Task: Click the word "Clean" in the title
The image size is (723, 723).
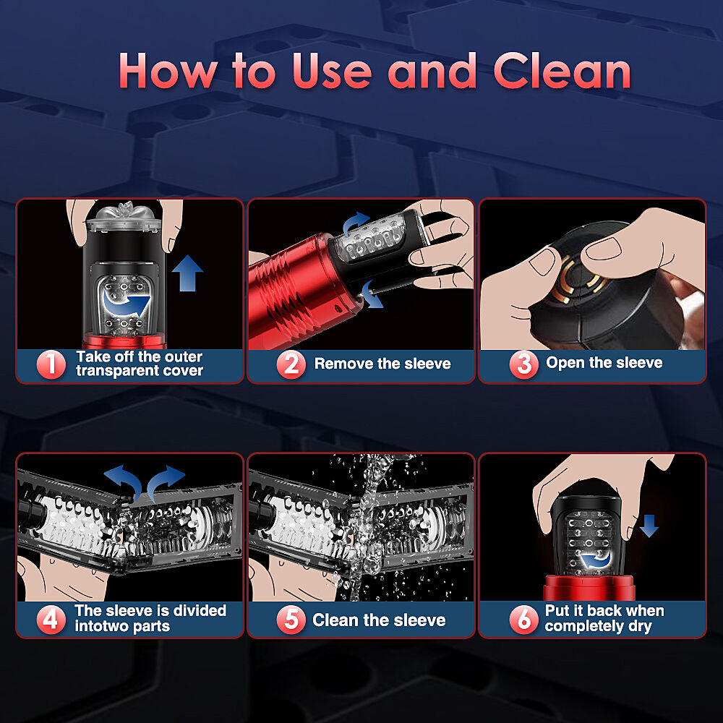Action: pos(562,71)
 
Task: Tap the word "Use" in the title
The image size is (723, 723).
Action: pos(332,71)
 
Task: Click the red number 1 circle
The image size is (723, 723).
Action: pos(51,364)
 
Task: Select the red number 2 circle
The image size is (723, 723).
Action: pos(291,364)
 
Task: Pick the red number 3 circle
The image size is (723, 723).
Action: pos(523,364)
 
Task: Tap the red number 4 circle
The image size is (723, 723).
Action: pos(51,620)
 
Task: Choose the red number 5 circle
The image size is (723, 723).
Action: pos(291,620)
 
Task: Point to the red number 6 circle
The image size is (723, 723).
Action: pos(523,620)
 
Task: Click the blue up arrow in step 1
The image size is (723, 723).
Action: pos(188,273)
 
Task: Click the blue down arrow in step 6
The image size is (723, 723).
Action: pos(649,526)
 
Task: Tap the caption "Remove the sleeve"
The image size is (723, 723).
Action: pos(382,364)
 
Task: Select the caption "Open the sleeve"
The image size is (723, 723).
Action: pos(604,363)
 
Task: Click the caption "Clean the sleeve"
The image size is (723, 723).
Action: pos(379,620)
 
